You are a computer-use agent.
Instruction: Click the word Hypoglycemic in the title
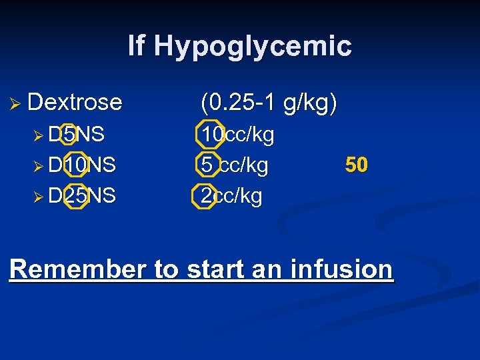(252, 47)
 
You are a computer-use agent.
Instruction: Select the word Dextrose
(75, 102)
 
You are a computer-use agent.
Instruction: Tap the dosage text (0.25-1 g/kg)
(269, 103)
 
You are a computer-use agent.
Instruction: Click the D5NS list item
(77, 135)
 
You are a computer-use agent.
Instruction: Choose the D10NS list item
(82, 165)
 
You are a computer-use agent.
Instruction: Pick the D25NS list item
(82, 196)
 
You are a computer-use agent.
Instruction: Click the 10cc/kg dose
(238, 135)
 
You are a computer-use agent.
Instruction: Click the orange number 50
(357, 165)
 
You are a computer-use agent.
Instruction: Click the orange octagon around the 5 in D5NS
(67, 135)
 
